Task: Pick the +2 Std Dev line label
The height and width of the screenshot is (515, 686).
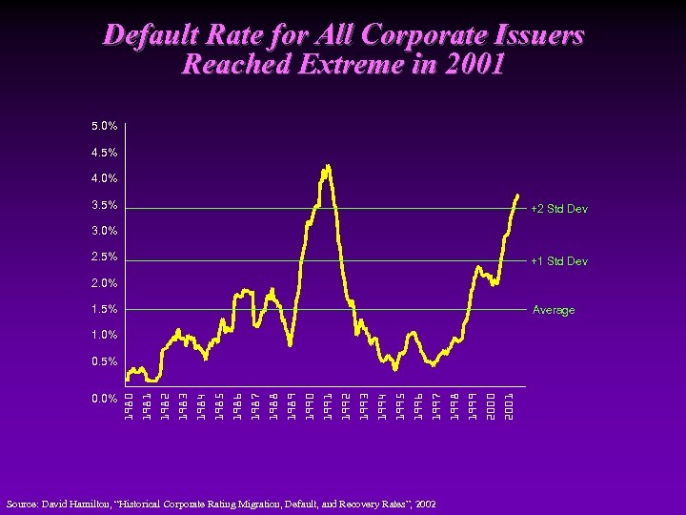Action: tap(559, 209)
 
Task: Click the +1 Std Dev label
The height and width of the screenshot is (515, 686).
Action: tap(559, 261)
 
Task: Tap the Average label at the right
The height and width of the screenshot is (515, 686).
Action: tap(554, 310)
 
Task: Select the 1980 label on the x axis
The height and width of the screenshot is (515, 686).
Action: tap(129, 403)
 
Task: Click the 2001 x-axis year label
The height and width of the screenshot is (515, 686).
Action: tap(510, 403)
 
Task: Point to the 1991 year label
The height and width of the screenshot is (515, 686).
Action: tap(328, 403)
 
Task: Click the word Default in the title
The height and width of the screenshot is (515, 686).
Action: tap(148, 36)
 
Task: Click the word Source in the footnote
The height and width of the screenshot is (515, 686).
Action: tap(23, 503)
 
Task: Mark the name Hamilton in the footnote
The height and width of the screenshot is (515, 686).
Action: tap(99, 503)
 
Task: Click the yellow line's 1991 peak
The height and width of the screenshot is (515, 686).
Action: tap(328, 166)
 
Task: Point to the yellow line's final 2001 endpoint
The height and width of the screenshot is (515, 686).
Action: tap(517, 195)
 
